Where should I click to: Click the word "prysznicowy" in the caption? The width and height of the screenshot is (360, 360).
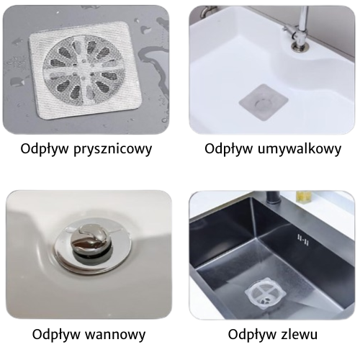(112, 149)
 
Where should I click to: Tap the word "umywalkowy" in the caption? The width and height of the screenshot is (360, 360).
(300, 149)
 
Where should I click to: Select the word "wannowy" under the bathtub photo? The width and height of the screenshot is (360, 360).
(115, 334)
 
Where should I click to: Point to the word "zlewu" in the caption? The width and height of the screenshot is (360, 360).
(298, 334)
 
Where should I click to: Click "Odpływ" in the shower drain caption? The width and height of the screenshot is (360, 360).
(45, 149)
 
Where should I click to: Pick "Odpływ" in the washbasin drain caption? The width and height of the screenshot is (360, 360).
(229, 149)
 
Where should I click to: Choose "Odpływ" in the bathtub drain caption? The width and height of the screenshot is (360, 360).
(56, 334)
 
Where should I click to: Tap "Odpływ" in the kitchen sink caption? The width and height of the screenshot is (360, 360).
(252, 334)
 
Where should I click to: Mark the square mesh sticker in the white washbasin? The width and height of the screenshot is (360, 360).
(264, 102)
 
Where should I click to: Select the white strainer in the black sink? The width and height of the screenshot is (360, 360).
(265, 293)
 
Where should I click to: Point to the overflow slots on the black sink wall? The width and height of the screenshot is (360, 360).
(303, 240)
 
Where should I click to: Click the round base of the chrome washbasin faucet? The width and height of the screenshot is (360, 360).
(299, 46)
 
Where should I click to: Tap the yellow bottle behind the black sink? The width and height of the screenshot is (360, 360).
(304, 196)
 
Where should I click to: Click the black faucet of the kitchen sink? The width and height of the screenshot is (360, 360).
(273, 198)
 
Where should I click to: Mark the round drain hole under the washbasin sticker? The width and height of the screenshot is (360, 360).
(264, 103)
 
